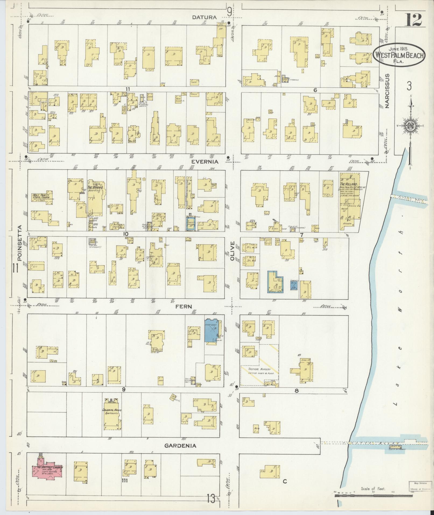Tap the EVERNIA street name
(x=204, y=162)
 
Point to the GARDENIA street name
(x=180, y=446)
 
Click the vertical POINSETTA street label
(x=19, y=247)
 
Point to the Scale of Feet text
(x=373, y=489)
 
